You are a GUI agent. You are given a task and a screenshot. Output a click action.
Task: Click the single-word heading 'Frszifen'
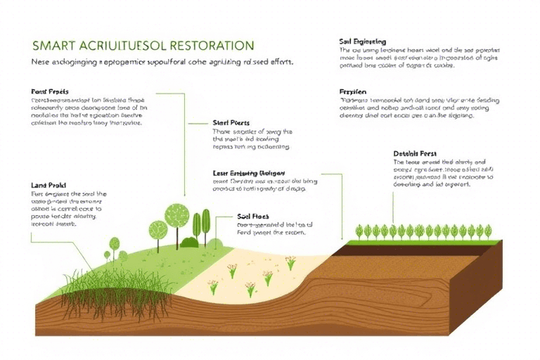354,91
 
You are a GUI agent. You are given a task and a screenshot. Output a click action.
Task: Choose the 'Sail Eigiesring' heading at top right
362,42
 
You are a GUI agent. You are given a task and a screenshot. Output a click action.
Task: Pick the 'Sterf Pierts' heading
231,122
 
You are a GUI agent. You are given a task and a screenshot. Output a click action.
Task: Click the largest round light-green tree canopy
176,215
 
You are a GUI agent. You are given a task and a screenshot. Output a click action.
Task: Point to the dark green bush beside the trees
189,242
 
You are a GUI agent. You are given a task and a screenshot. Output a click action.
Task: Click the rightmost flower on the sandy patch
290,262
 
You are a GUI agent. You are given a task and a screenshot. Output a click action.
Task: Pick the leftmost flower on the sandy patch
213,286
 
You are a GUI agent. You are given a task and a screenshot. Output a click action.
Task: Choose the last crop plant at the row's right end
489,230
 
